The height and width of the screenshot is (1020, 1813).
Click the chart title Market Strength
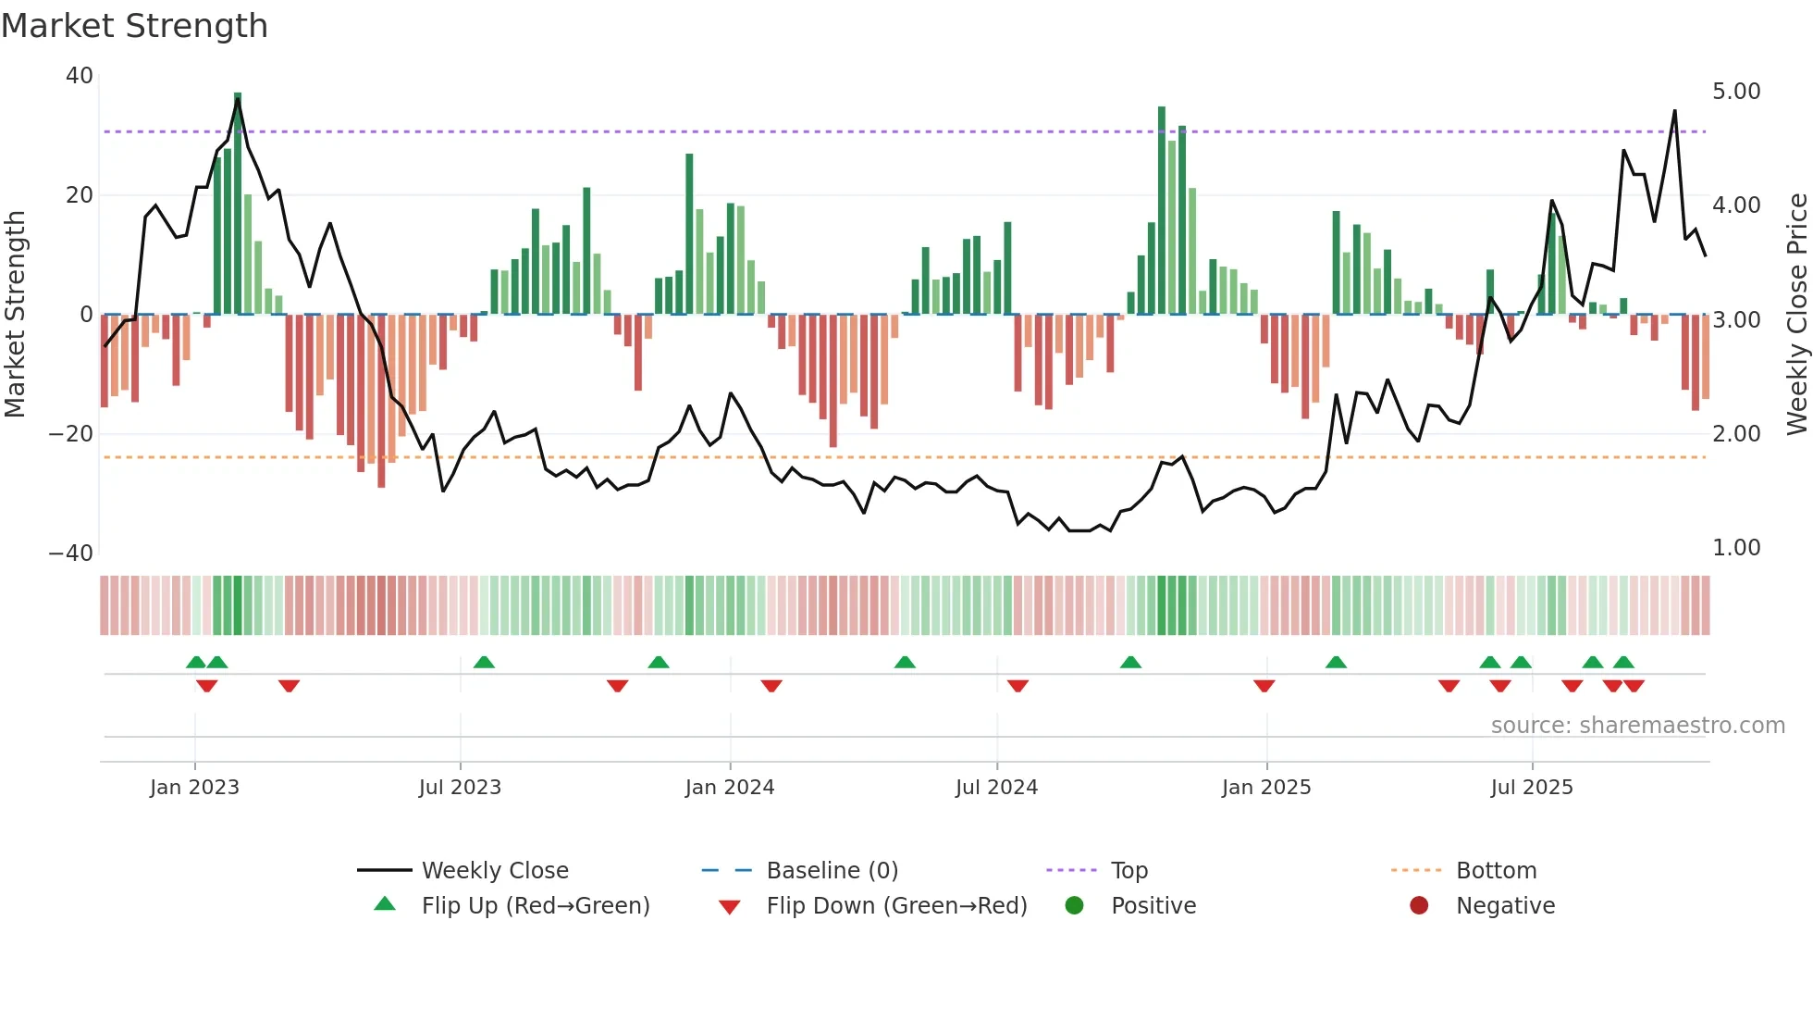tap(134, 26)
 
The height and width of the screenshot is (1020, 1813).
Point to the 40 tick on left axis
tap(80, 76)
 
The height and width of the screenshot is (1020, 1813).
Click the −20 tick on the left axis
tap(71, 434)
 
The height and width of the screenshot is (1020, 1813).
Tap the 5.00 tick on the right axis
tap(1736, 92)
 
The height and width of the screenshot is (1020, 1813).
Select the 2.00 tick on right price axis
tap(1736, 434)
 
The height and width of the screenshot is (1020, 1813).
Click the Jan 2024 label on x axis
tap(730, 788)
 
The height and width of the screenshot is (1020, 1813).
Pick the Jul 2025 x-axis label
tap(1532, 788)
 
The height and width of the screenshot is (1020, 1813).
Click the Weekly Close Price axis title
tap(1796, 315)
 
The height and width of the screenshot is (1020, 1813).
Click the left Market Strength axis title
tap(16, 315)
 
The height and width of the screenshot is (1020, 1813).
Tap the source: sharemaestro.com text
tap(1637, 726)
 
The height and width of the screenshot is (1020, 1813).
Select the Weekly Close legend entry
tap(495, 871)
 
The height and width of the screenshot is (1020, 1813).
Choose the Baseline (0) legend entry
tap(832, 871)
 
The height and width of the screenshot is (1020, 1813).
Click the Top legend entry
tap(1128, 871)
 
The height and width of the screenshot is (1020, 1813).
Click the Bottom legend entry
tap(1496, 871)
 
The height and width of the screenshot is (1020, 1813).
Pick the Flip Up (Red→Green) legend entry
tap(536, 906)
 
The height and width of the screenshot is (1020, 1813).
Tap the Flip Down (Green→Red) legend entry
tap(896, 906)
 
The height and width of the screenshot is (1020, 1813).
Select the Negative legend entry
tap(1505, 906)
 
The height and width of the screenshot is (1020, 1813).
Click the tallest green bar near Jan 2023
tap(238, 204)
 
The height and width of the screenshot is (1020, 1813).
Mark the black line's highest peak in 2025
tap(1674, 111)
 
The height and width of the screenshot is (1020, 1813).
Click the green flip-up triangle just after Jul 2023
tap(484, 663)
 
